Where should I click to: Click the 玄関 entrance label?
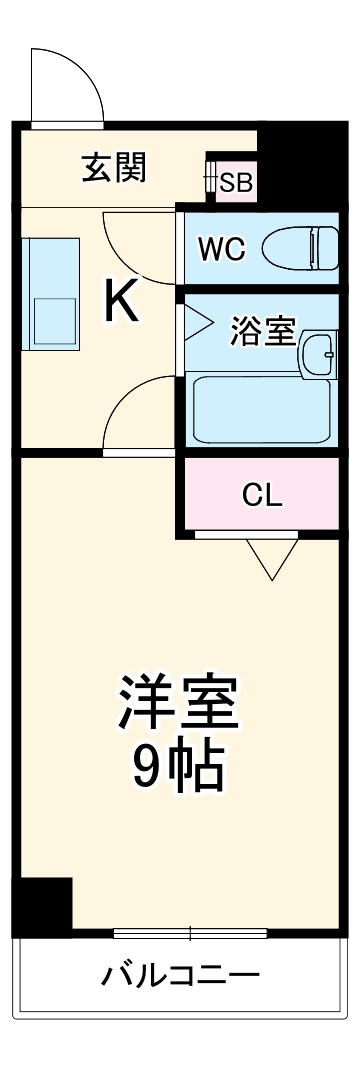113,167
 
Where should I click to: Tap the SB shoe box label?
236,182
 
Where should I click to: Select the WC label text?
220,248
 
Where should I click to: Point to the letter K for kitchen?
123,301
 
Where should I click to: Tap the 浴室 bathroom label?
263,331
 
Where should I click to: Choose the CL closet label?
262,495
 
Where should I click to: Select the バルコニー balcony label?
180,974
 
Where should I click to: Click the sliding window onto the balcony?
189,934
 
